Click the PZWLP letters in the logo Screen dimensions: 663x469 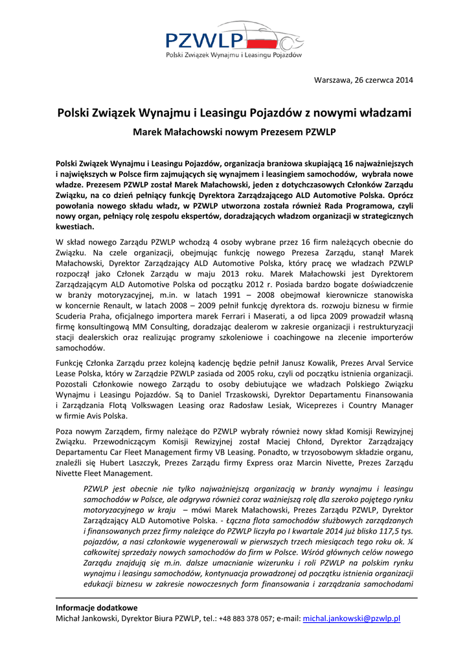click(202, 41)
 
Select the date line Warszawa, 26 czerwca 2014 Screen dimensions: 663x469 click(363, 80)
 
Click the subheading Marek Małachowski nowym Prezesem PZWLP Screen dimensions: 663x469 click(234, 131)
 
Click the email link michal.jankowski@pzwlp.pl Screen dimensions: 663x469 click(352, 618)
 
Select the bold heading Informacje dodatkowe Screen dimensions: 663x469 click(97, 608)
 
